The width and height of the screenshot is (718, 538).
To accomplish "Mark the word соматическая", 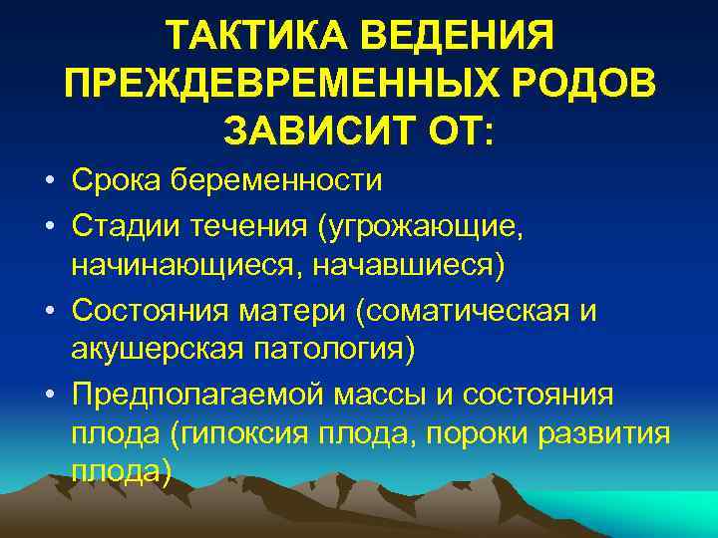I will pos(473,310).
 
